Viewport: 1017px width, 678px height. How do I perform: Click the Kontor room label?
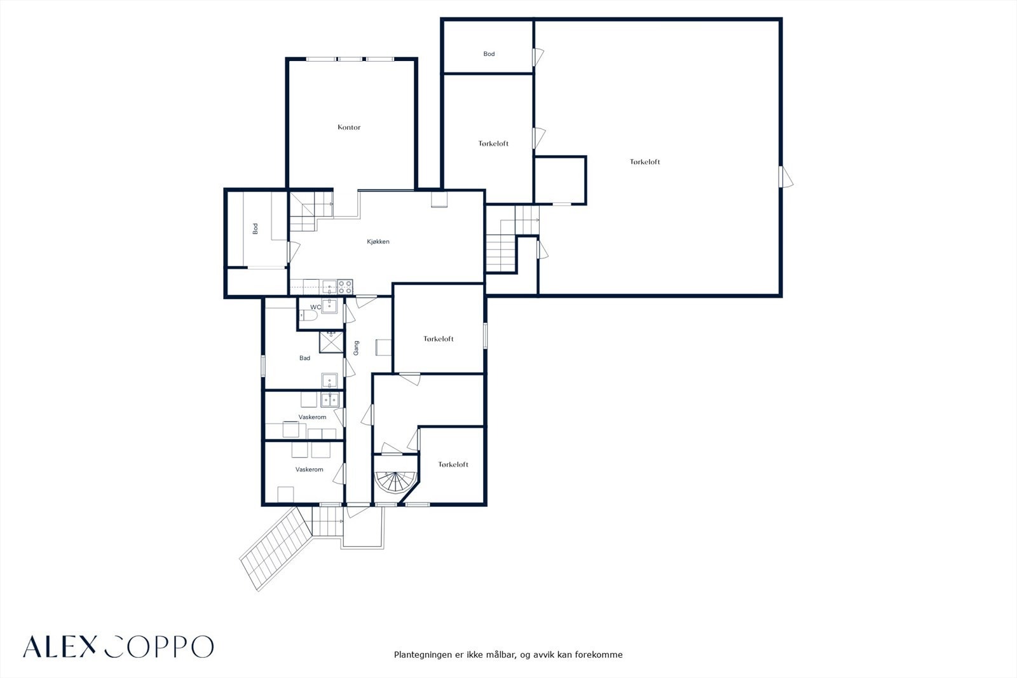[x=349, y=127]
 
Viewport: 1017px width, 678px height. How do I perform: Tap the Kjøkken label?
[x=378, y=242]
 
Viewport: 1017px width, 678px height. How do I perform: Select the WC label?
[x=315, y=307]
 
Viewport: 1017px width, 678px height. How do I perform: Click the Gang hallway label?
[x=356, y=348]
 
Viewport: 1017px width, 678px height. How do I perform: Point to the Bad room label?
[x=304, y=358]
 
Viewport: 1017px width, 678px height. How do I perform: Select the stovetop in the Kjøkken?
[x=345, y=287]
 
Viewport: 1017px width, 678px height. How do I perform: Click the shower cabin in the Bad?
[x=331, y=342]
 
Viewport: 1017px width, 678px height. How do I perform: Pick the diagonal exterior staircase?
[x=276, y=549]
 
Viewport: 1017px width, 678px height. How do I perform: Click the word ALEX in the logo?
[x=60, y=647]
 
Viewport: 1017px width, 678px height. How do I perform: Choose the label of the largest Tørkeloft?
[x=645, y=162]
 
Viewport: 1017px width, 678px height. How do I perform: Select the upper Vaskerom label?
[x=312, y=417]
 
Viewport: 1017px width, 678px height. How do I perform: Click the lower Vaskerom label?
[x=309, y=469]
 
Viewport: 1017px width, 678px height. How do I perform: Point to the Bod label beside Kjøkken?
[x=255, y=228]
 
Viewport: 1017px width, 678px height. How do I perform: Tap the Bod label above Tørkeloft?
[x=489, y=54]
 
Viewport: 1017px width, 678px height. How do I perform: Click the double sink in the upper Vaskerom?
[x=330, y=399]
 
